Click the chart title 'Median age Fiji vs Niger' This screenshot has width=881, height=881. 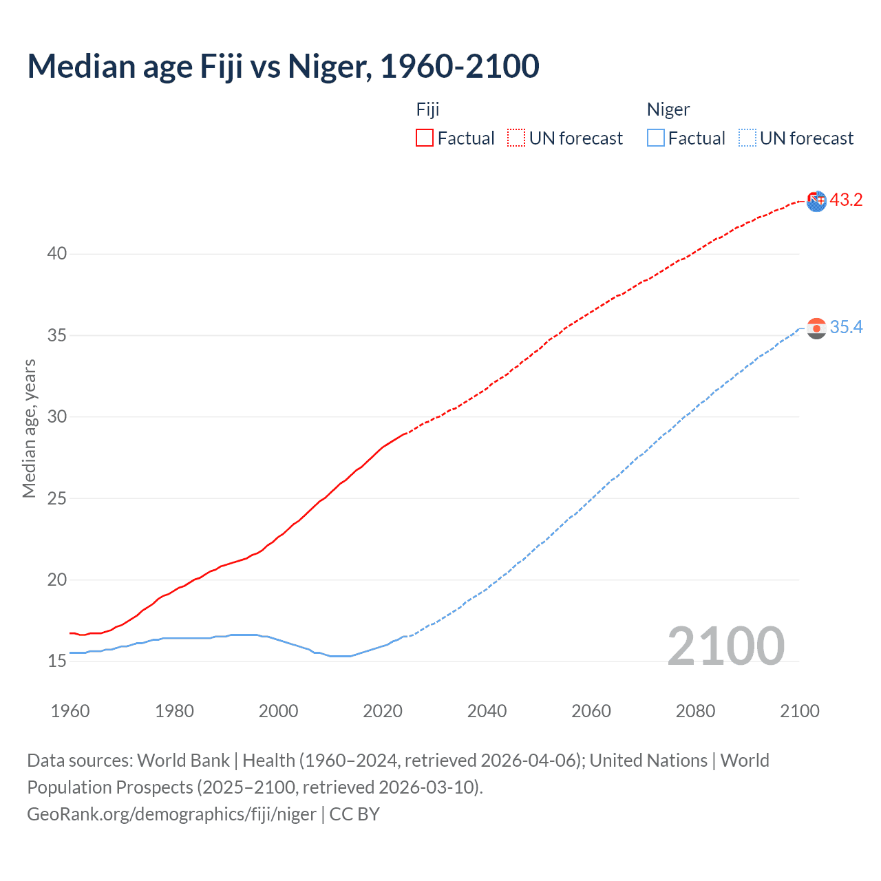coord(283,67)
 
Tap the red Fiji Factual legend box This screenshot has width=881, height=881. coord(425,138)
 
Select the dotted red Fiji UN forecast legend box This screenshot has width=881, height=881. coord(516,138)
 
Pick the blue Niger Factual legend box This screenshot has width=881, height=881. coord(655,138)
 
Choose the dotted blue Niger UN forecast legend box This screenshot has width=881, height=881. coord(747,138)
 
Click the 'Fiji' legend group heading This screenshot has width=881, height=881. coord(427,109)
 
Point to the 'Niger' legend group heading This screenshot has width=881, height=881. coord(668,109)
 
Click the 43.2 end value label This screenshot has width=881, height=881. coord(846,200)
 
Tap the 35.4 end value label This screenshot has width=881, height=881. coord(846,327)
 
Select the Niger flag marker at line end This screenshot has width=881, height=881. coord(816,328)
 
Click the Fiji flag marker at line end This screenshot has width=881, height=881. coord(816,201)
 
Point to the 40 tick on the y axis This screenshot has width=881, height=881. coord(57,254)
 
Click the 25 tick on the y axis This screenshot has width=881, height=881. coord(57,498)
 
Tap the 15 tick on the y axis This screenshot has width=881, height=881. coord(57,661)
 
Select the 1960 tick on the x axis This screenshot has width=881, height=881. coord(70,711)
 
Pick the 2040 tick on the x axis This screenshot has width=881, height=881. coord(487,711)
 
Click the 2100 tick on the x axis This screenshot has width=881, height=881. coord(799,711)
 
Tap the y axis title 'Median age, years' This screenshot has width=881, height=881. coord(29,428)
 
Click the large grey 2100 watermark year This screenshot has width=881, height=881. coord(725,646)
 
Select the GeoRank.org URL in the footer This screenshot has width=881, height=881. coord(171,814)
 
